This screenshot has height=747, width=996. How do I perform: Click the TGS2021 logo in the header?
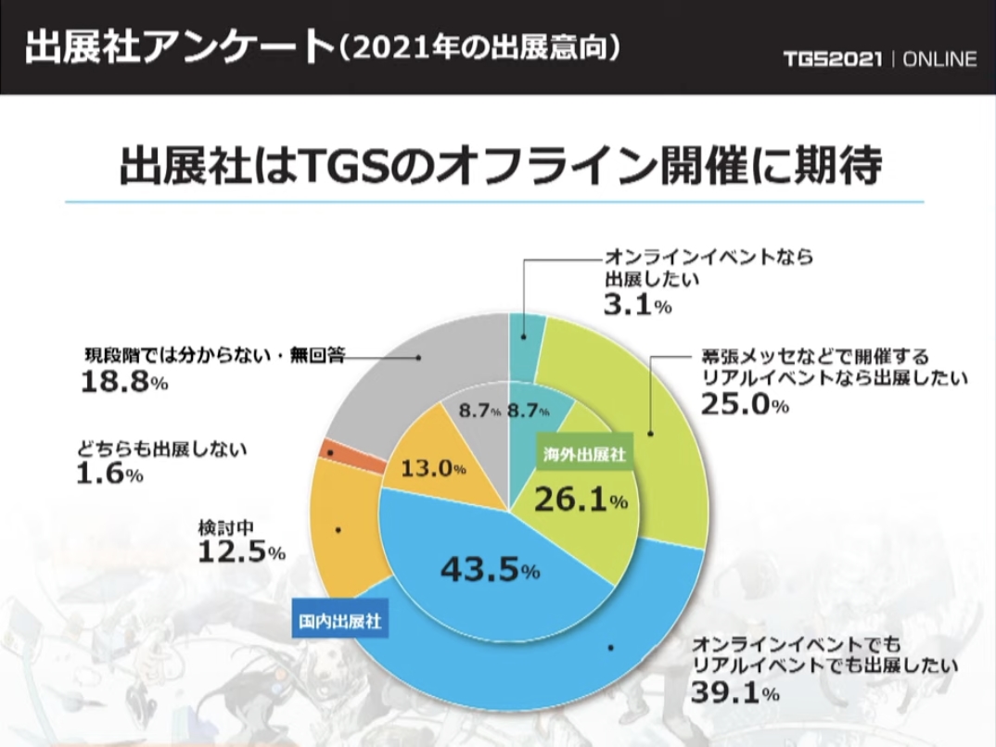[832, 59]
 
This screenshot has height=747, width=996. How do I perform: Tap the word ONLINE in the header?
[939, 59]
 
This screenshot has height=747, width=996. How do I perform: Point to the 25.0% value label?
[743, 405]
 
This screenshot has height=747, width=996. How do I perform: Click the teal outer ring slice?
[526, 334]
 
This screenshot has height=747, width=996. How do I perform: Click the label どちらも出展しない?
[163, 450]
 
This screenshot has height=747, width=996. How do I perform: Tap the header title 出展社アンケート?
[177, 47]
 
